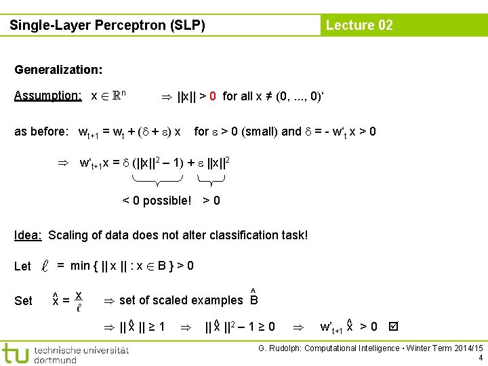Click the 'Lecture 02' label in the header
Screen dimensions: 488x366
click(x=359, y=26)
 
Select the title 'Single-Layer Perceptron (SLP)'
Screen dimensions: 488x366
click(x=107, y=26)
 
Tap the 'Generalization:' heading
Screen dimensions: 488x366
click(x=58, y=70)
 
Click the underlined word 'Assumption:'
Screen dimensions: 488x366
click(x=48, y=96)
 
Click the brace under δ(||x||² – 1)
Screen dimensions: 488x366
click(x=157, y=180)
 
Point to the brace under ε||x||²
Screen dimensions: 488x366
click(x=211, y=180)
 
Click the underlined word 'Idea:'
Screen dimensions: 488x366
click(x=28, y=235)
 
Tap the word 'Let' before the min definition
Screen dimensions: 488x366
click(x=23, y=266)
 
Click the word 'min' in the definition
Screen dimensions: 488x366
click(x=80, y=266)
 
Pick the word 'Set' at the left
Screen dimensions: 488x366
click(x=23, y=300)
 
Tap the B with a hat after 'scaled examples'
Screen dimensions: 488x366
click(x=254, y=298)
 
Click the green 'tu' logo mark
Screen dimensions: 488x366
click(x=15, y=353)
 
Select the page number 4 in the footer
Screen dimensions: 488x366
click(x=481, y=358)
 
